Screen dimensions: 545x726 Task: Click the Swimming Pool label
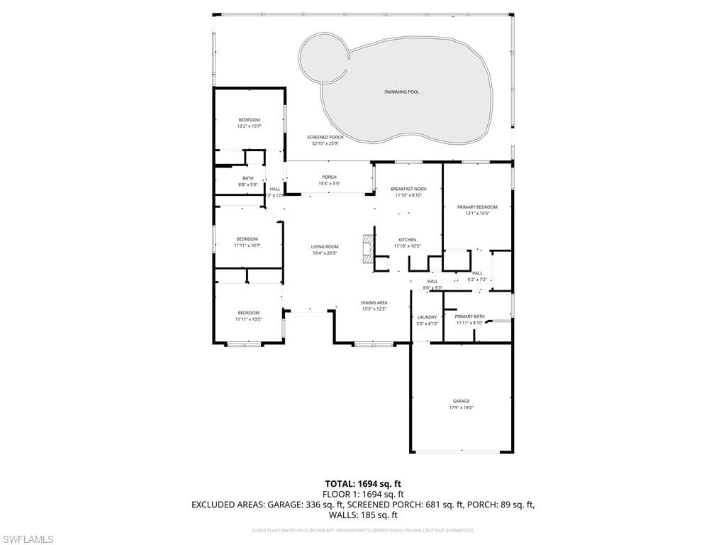(x=401, y=92)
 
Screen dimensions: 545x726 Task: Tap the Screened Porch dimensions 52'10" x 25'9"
(x=325, y=143)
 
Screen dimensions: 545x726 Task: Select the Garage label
(x=461, y=401)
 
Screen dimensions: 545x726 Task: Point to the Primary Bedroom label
(x=477, y=207)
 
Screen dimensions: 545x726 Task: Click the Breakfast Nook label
(x=408, y=189)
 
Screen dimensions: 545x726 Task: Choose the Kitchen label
(x=407, y=240)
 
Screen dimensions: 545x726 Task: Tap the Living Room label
(x=325, y=247)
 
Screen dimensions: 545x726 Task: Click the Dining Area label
(x=374, y=302)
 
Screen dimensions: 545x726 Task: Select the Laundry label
(x=427, y=317)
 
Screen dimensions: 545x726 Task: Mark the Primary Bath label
(x=469, y=316)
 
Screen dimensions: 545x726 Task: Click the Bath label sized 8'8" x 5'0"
(x=248, y=178)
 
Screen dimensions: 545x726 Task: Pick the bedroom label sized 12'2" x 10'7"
(x=249, y=120)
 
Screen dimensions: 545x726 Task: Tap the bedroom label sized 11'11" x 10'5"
(x=248, y=313)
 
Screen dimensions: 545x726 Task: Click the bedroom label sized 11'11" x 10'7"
(x=247, y=239)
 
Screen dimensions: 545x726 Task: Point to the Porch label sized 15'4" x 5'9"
(x=329, y=177)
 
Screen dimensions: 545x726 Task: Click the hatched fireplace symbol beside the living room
(x=367, y=249)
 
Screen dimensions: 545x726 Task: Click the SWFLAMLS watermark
(x=28, y=539)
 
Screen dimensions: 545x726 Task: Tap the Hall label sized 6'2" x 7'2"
(x=477, y=273)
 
